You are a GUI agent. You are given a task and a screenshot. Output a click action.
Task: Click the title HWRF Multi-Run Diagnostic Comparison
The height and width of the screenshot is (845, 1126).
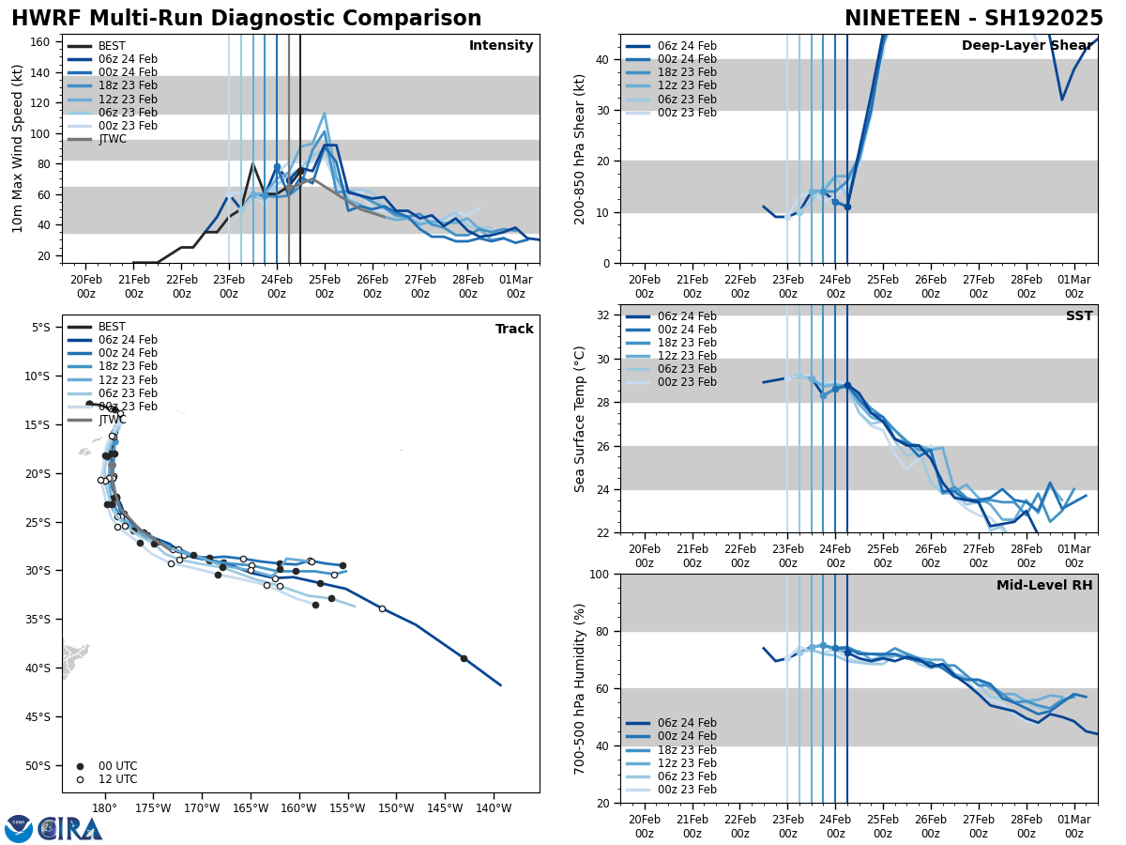pos(246,19)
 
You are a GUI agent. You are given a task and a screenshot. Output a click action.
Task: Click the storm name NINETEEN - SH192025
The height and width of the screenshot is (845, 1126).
pos(974,19)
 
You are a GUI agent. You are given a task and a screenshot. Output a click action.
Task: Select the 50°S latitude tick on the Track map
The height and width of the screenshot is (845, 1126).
pos(42,765)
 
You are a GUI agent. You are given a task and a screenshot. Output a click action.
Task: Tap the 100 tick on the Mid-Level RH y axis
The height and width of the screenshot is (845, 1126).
pos(600,574)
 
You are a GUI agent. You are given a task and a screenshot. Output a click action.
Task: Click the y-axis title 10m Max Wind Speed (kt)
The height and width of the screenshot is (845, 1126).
pos(18,148)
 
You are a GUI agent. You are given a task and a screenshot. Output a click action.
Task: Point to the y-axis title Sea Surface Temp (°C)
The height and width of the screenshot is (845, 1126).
pos(580,419)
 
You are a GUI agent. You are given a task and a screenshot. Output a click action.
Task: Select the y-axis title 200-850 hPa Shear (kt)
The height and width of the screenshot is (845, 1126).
pos(580,148)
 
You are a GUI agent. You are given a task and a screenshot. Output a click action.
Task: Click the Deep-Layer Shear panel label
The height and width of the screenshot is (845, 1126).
pos(1027,46)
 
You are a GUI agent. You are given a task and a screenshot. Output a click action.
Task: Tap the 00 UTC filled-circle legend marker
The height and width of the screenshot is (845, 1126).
pos(80,766)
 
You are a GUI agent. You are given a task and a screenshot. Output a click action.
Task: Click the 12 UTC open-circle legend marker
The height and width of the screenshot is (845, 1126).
pos(80,779)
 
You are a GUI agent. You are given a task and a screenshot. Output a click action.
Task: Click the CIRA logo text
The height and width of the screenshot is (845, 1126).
pos(70,829)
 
